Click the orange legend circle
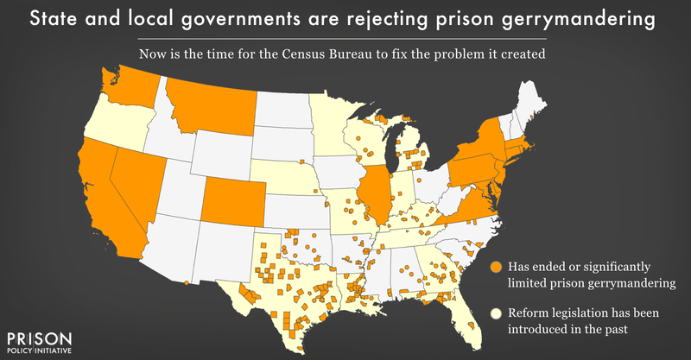495,266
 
